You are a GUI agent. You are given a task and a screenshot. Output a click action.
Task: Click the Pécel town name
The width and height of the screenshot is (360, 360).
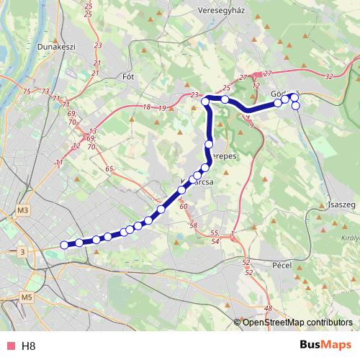coord(279,264)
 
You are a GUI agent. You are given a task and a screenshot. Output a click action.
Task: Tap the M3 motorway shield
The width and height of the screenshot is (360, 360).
coord(24,210)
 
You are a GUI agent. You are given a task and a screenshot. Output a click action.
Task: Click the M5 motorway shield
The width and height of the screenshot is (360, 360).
coord(27,297)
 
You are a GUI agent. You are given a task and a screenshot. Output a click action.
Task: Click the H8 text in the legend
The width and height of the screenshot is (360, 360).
coord(28,346)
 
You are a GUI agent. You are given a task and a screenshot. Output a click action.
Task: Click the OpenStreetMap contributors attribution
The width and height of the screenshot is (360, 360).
coord(297,323)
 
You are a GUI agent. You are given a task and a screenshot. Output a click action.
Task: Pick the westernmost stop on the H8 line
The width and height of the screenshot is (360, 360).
coord(64,245)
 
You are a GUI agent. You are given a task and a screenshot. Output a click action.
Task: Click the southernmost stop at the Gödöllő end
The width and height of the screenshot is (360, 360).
coord(295,106)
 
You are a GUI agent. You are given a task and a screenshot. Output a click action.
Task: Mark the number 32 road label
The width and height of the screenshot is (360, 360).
coord(330,76)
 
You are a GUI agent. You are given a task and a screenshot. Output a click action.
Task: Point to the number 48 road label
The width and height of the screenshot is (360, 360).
coord(269,309)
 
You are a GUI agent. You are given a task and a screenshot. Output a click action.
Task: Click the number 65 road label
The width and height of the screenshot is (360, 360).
coord(109,169)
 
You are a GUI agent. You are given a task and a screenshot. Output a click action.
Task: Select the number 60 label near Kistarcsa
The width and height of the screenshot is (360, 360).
coord(183,207)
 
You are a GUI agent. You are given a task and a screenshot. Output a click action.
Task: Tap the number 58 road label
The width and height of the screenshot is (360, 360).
coord(193,225)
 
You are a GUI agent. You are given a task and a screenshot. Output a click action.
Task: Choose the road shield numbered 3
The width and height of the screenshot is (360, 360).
coord(24,252)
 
